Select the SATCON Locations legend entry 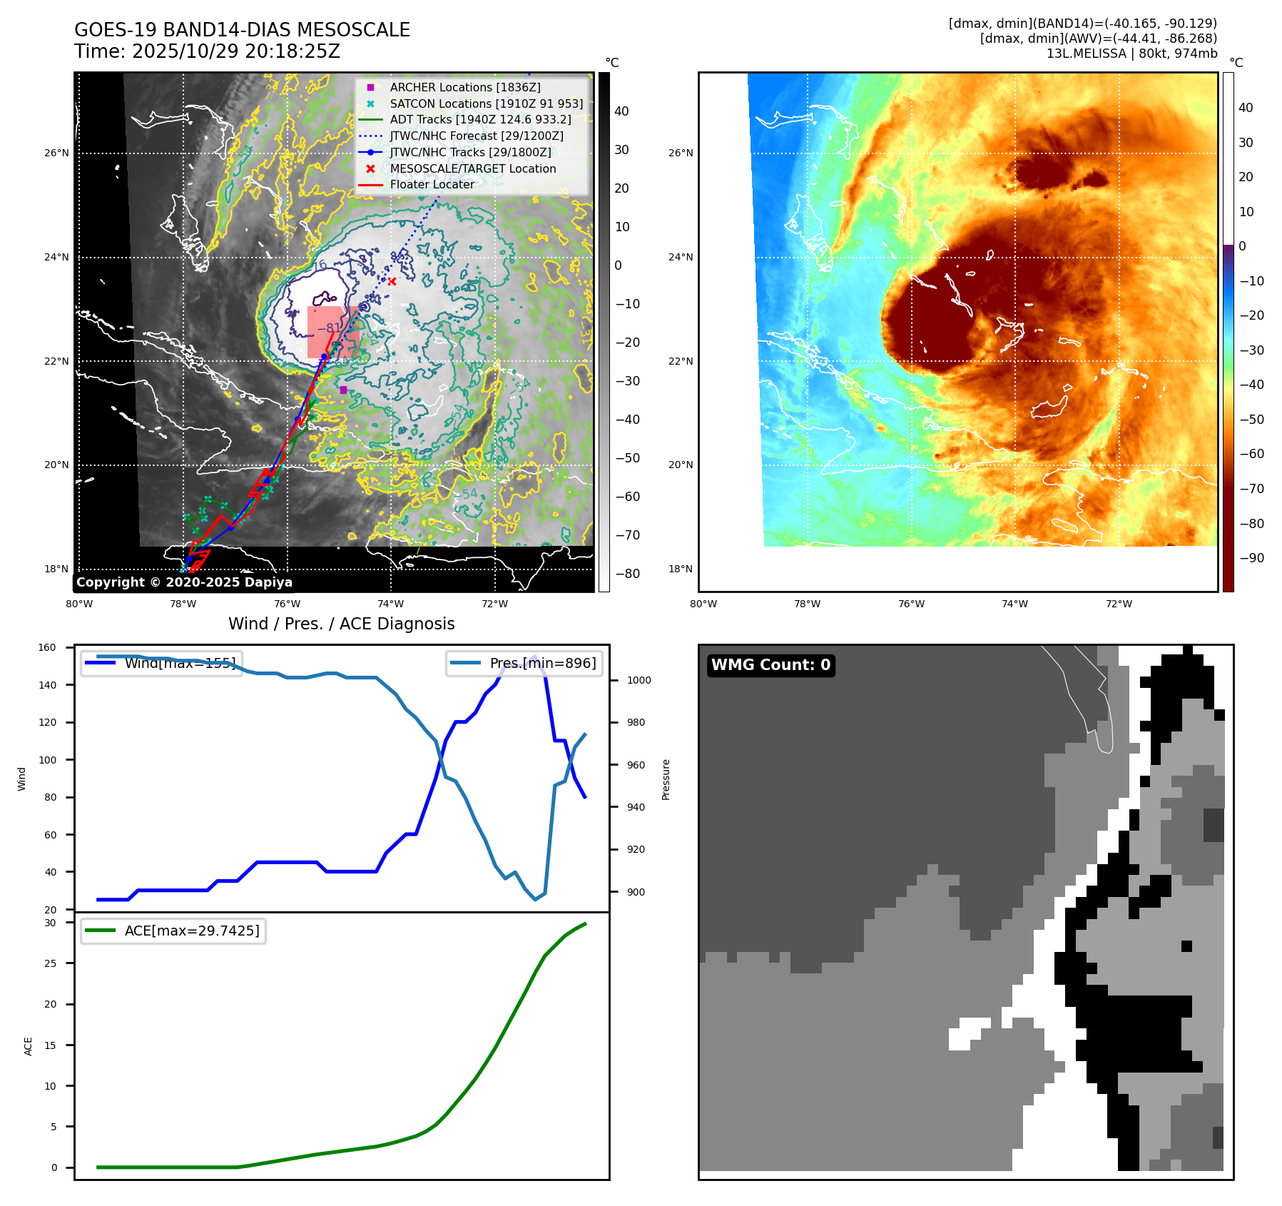point(486,103)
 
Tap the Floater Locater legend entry point(432,184)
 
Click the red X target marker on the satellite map point(392,281)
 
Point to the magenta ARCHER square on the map point(343,390)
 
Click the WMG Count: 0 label point(770,665)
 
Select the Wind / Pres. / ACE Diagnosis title point(341,624)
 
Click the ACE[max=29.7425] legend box point(173,931)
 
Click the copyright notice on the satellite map point(184,582)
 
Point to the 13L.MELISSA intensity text point(1131,54)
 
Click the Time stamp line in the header point(207,51)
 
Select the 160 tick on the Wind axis point(47,648)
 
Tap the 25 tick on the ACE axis point(50,963)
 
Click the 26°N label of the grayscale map point(56,153)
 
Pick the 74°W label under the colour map point(1014,604)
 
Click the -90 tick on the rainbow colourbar point(1251,558)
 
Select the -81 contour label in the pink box point(330,328)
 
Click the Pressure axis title point(666,779)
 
